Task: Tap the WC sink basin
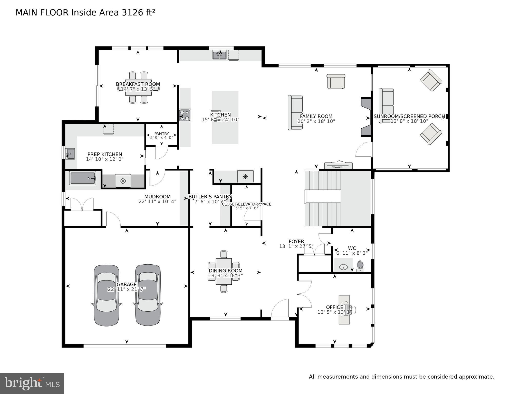tap(343, 267)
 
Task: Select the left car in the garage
tap(106, 295)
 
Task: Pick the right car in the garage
tap(148, 295)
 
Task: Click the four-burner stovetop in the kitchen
tap(185, 115)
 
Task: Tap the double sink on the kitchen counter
tap(219, 55)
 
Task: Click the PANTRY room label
tap(161, 133)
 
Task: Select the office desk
tap(344, 310)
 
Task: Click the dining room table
tap(224, 271)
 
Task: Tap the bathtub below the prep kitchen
tap(82, 178)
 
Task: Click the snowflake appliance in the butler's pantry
tap(245, 176)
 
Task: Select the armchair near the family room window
tap(336, 82)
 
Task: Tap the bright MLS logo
tap(32, 383)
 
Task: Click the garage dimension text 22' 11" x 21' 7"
tap(127, 289)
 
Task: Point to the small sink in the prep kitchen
tap(70, 154)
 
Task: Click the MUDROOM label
tap(157, 197)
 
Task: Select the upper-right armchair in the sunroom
tap(431, 80)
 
